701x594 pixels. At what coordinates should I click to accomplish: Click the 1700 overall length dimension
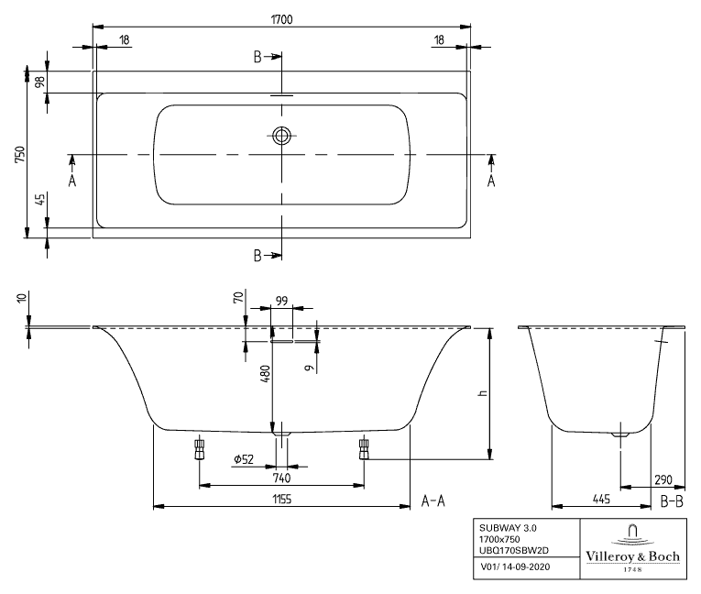coord(281,18)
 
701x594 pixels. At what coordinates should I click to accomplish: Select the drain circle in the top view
coord(281,137)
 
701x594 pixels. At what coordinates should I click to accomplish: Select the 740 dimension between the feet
coord(282,477)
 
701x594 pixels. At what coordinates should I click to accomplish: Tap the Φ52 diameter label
coord(244,458)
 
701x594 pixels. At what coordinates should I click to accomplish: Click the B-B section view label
coord(672,500)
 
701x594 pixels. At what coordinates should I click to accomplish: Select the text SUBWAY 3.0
coord(503,528)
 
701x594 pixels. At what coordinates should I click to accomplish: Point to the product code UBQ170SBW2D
coord(513,550)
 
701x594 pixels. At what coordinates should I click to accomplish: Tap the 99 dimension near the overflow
coord(281,300)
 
